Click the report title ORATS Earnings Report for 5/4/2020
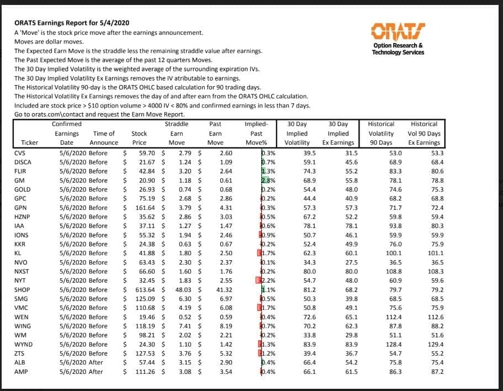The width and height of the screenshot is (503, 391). click(x=72, y=23)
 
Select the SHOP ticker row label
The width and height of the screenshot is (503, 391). click(x=22, y=289)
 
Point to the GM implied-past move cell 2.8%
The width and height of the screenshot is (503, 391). click(x=267, y=180)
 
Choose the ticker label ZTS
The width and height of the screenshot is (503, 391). click(x=19, y=353)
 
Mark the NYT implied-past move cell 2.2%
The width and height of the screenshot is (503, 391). click(x=267, y=280)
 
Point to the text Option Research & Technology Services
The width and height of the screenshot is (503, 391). click(x=398, y=49)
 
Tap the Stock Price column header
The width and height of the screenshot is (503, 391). click(x=139, y=138)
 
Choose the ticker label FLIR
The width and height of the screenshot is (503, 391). click(x=21, y=171)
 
